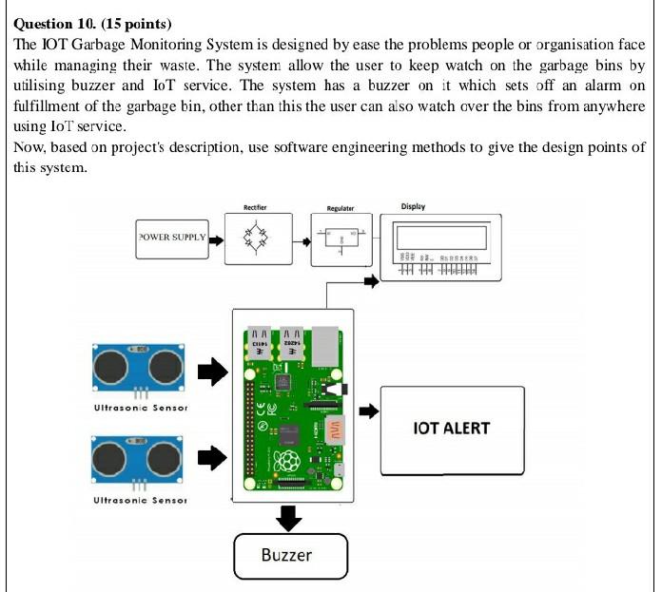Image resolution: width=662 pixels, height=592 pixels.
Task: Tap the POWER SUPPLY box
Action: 172,237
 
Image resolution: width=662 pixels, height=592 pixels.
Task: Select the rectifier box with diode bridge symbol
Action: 254,239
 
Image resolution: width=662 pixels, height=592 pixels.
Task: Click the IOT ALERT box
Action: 452,429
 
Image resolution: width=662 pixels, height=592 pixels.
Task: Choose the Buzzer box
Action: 291,555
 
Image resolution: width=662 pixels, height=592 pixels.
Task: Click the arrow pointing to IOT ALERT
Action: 368,411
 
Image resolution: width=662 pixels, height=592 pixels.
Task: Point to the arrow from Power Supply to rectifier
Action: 216,240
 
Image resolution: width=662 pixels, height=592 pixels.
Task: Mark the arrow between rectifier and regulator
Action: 304,240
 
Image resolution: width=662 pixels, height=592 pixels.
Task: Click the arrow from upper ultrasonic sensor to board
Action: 213,372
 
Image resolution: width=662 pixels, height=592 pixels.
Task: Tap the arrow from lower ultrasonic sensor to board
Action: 213,458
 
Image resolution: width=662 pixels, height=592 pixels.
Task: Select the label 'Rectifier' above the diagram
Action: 255,206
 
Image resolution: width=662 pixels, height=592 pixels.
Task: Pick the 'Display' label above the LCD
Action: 413,206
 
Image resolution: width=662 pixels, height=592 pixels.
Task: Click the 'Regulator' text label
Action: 340,208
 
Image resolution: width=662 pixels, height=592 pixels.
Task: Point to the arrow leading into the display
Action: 371,280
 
